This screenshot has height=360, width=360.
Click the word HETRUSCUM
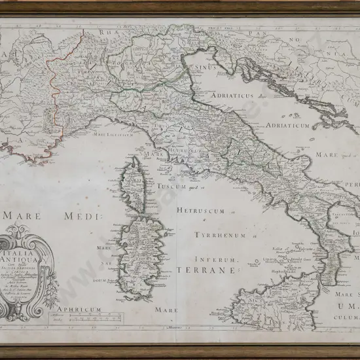[196, 211]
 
